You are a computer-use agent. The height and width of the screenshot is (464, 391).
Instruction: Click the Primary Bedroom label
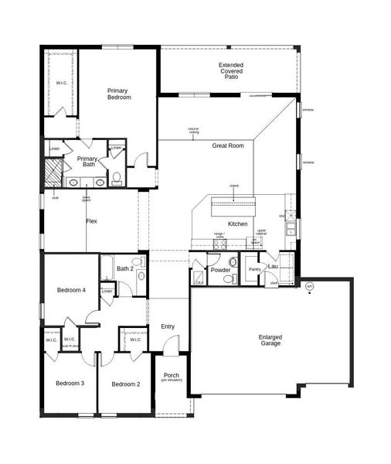[x=118, y=94]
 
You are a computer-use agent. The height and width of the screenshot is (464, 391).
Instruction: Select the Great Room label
[x=228, y=145]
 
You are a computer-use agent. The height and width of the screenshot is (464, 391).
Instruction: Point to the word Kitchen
[x=237, y=223]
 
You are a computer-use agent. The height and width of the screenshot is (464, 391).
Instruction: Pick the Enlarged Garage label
[x=270, y=339]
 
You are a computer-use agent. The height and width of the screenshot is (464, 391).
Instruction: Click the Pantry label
[x=254, y=269]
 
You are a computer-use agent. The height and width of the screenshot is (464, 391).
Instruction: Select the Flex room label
[x=91, y=222]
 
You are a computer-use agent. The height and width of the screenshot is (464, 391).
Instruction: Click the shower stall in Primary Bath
[x=53, y=172]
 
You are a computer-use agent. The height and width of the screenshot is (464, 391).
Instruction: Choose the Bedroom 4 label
[x=71, y=290]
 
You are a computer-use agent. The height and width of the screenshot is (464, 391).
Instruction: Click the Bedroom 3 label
[x=70, y=383]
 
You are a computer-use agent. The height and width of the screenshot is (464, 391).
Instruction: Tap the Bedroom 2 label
[x=125, y=384]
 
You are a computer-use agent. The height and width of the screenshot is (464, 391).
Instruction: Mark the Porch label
[x=171, y=376]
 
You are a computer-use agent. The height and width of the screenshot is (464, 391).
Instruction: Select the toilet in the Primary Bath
[x=117, y=179]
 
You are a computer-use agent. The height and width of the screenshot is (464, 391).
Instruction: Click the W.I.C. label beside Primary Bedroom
[x=60, y=82]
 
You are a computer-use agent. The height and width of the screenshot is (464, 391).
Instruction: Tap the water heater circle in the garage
[x=309, y=287]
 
